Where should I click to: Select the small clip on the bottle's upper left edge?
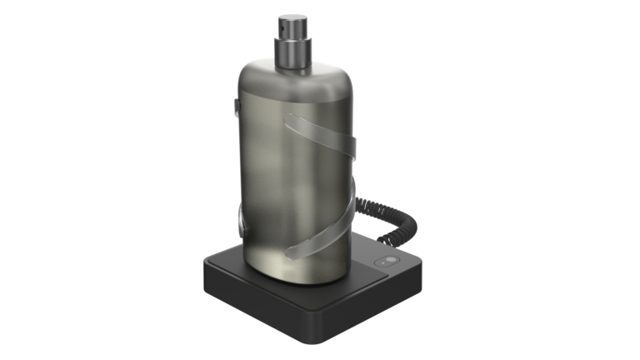(237, 107)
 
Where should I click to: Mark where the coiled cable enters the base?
(388, 247)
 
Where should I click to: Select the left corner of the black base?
(204, 269)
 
